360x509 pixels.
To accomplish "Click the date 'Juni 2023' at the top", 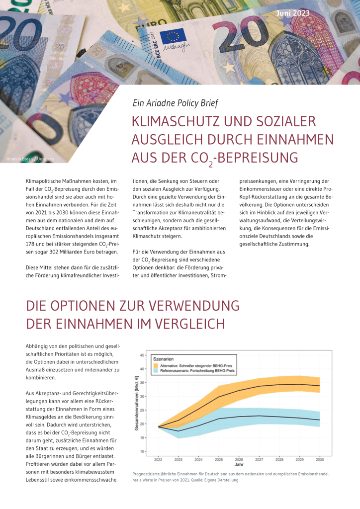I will [x=292, y=12].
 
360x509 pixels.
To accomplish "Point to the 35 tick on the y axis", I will [x=142, y=383].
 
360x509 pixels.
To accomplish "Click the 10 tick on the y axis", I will [x=142, y=451].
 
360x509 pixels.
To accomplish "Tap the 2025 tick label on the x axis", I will [x=219, y=459].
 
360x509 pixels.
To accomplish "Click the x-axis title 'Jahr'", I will [x=240, y=466].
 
